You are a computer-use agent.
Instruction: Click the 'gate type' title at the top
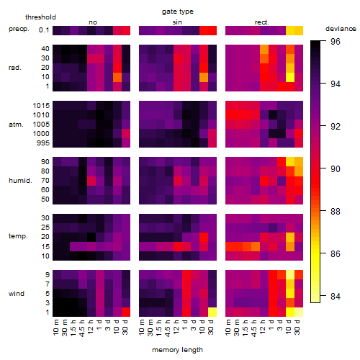tap(178, 12)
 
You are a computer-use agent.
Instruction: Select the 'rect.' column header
tap(262, 22)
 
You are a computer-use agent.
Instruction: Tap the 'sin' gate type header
tap(177, 22)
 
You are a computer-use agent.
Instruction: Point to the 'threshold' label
tap(40, 17)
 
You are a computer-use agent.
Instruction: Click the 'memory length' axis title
tap(177, 350)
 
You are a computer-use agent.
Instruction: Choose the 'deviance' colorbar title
tap(341, 29)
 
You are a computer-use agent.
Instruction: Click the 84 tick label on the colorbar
tap(336, 297)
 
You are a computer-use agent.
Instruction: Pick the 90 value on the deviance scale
tap(336, 169)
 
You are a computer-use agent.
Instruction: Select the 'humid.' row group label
tap(20, 181)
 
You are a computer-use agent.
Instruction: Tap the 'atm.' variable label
tap(16, 125)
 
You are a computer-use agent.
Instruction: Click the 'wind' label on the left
tap(17, 294)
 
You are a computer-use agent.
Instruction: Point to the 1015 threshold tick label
tap(41, 106)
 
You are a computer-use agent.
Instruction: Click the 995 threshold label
tap(43, 143)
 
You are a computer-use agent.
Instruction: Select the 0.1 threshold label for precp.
tap(44, 30)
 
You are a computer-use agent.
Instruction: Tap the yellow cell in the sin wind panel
tap(212, 312)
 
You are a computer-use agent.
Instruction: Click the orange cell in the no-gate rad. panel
tap(117, 77)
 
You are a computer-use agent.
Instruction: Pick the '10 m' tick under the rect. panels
tap(228, 327)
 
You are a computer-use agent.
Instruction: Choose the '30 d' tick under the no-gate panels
tap(125, 327)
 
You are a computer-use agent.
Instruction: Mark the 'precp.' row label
tap(19, 30)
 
